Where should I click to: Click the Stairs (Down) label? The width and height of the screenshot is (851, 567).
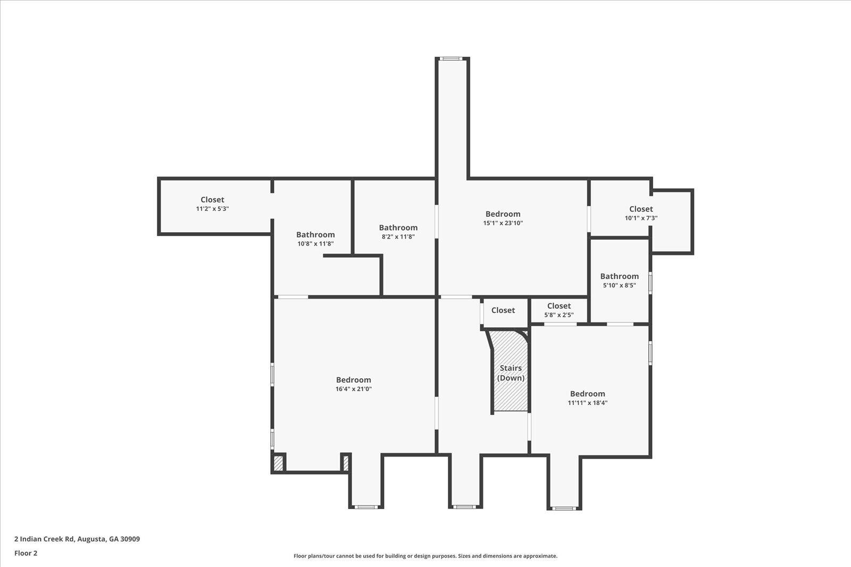[x=511, y=373]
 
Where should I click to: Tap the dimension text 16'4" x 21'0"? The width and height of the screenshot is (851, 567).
[x=353, y=389]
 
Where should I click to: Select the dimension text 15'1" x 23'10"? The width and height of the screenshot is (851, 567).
[x=503, y=223]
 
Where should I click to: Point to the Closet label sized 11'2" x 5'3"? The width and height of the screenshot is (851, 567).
[x=212, y=200]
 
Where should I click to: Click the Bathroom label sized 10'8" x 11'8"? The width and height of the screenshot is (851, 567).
[x=315, y=234]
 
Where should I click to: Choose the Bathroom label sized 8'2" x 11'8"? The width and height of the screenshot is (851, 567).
[x=398, y=228]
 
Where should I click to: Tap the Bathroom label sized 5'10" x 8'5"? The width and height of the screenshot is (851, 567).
[x=619, y=276]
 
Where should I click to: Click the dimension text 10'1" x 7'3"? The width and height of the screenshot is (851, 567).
[x=641, y=218]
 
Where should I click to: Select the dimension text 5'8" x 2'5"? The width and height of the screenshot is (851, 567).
[x=559, y=315]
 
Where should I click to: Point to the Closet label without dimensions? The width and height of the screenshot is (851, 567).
[x=503, y=310]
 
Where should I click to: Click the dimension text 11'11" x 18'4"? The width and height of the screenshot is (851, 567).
[x=587, y=403]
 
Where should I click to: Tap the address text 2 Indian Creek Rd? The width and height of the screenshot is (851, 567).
[x=44, y=539]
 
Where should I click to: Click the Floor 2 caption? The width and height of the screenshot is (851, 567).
[x=26, y=553]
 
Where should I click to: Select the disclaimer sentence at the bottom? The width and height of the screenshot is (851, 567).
[x=425, y=556]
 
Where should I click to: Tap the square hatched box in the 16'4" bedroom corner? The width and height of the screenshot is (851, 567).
[x=279, y=463]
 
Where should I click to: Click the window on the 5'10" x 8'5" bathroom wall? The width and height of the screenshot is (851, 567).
[x=650, y=283]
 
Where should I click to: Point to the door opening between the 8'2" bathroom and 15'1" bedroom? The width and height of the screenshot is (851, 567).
[x=437, y=222]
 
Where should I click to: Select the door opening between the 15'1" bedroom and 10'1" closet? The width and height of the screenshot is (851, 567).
[x=589, y=219]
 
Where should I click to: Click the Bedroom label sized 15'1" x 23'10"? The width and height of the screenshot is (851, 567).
[x=503, y=214]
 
